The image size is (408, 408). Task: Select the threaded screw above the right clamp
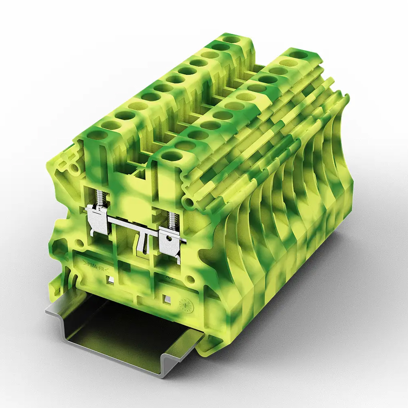coord(171,220)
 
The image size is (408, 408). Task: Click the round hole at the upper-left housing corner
coord(74,168)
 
